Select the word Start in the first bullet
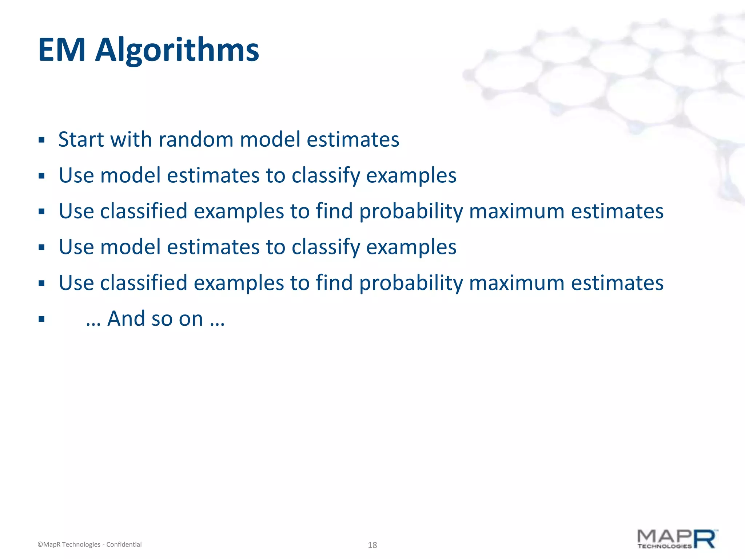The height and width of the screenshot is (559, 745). click(x=81, y=139)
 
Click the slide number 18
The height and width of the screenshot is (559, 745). click(x=372, y=545)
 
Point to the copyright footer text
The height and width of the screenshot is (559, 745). click(x=89, y=544)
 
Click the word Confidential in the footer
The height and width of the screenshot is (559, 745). click(x=124, y=544)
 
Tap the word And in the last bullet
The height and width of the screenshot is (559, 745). click(x=126, y=319)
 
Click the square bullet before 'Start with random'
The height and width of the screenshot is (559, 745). click(x=41, y=140)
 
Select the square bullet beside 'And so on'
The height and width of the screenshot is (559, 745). click(x=41, y=320)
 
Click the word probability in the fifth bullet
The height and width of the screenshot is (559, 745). click(x=411, y=283)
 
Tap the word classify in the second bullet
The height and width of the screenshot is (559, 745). click(x=326, y=175)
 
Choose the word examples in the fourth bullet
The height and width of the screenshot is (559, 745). click(x=411, y=247)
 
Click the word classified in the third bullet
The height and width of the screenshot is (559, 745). click(x=144, y=211)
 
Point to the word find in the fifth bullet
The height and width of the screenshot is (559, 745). click(x=334, y=283)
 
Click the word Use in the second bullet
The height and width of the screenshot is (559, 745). click(x=76, y=175)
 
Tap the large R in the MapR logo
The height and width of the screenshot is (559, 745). click(x=705, y=539)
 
